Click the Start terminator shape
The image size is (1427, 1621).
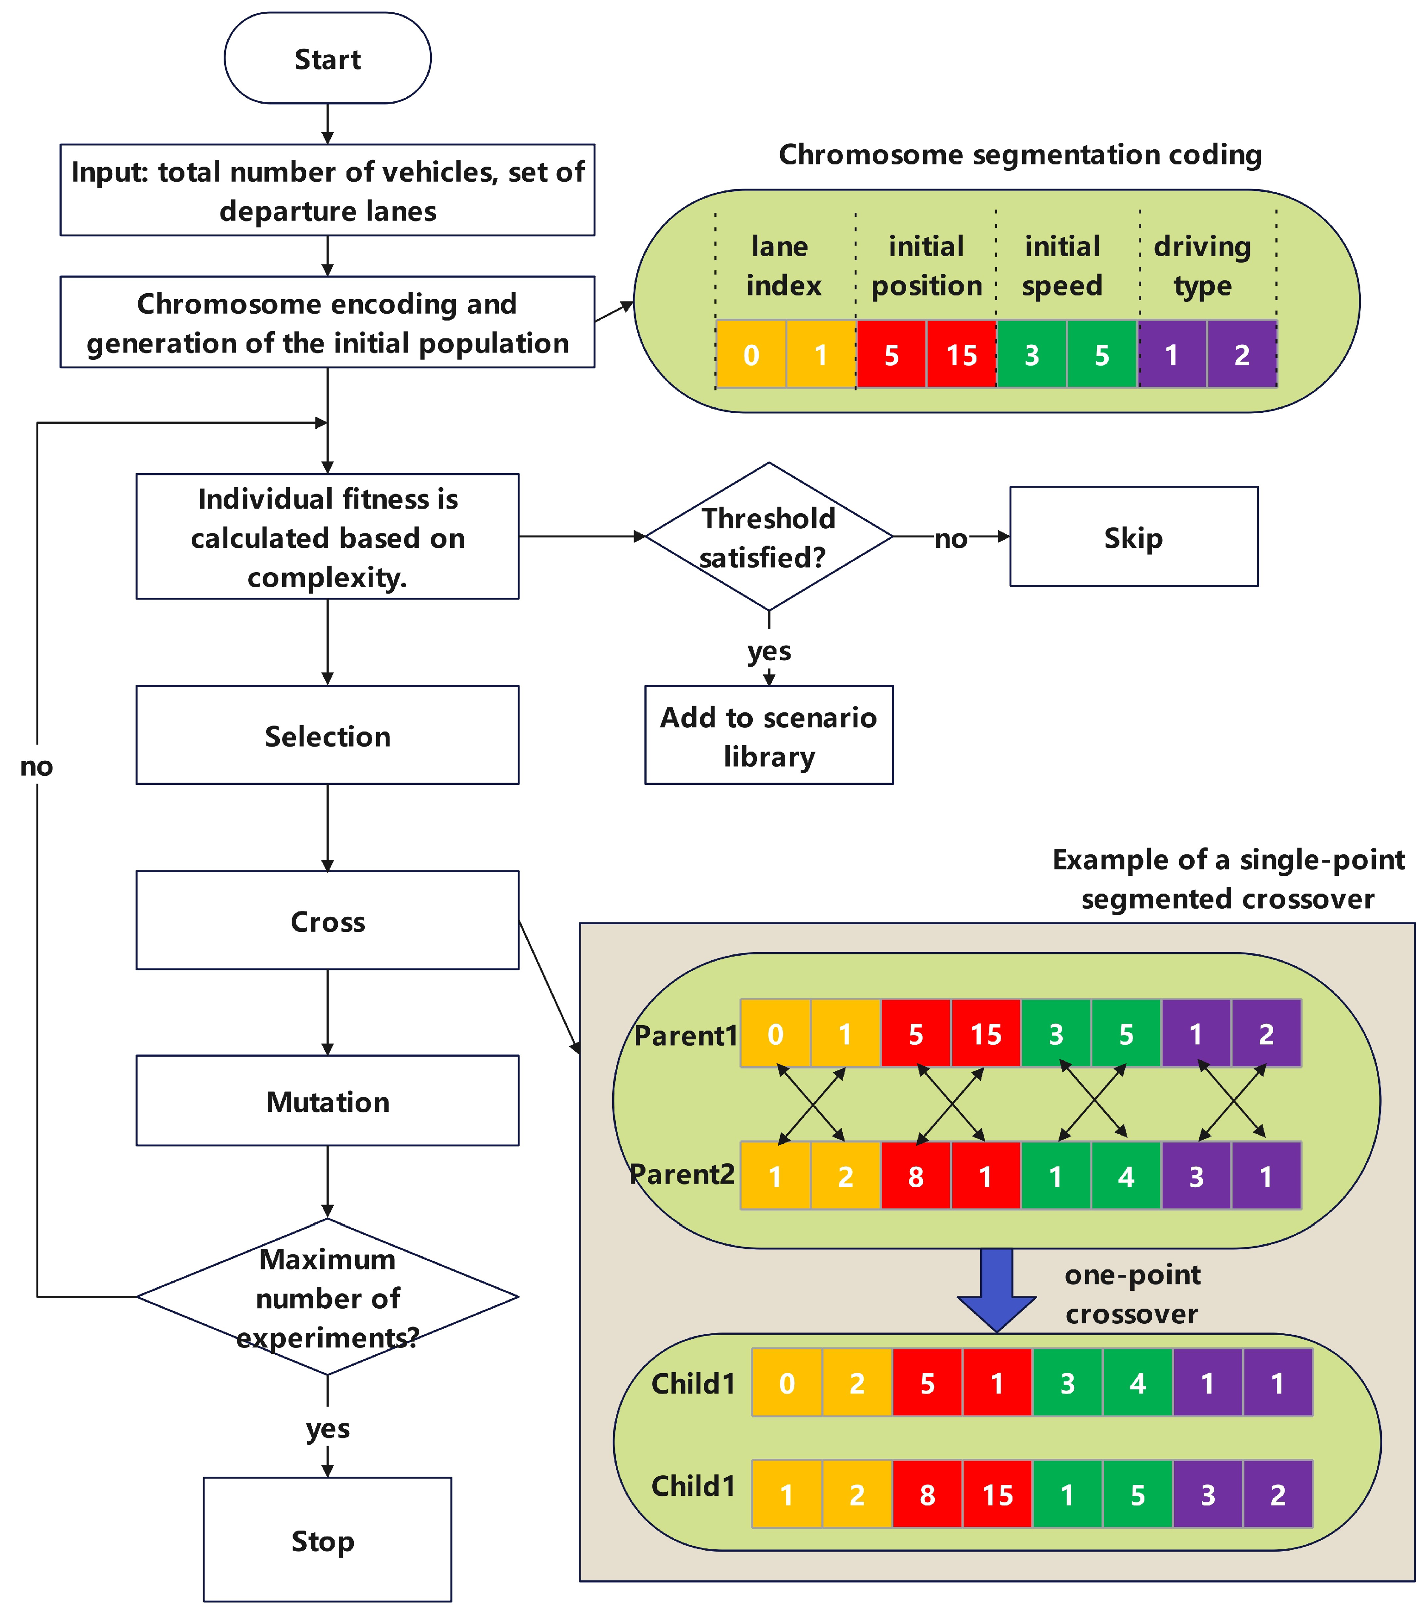point(327,59)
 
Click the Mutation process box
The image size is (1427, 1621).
point(327,1101)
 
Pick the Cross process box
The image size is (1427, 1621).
point(327,920)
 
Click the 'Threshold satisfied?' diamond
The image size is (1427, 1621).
point(768,537)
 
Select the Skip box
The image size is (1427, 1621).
point(1133,537)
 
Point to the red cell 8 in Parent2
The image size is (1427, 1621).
point(916,1176)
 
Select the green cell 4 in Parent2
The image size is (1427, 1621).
point(1126,1176)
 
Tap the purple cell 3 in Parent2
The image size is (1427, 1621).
point(1196,1176)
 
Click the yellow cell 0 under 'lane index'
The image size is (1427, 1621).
point(751,354)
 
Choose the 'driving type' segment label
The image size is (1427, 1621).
point(1202,266)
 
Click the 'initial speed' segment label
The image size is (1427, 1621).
point(1062,266)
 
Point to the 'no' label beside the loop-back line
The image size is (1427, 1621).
point(37,766)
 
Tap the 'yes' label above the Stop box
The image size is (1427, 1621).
point(327,1428)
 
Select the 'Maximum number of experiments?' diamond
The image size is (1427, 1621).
point(327,1297)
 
